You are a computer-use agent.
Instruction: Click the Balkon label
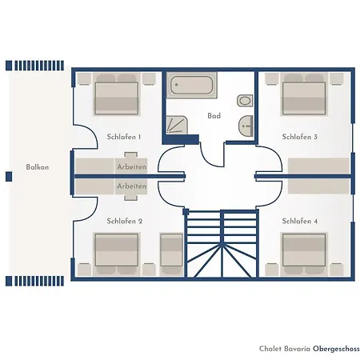[x=38, y=167]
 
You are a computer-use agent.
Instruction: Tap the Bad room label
[x=214, y=116]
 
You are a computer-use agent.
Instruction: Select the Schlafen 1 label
[x=124, y=137]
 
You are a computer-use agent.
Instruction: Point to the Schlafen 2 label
[x=125, y=221]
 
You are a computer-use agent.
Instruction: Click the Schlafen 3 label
[x=300, y=137]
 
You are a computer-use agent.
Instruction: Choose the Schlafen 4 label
[x=300, y=221]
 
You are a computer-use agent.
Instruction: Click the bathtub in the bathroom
[x=192, y=85]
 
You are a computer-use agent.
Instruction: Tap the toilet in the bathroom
[x=245, y=101]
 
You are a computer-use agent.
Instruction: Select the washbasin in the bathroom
[x=246, y=125]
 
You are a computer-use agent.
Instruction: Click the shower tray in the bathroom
[x=177, y=125]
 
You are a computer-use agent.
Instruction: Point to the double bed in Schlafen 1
[x=117, y=94]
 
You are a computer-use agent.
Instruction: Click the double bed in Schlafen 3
[x=304, y=94]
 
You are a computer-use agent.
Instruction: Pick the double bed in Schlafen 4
[x=304, y=254]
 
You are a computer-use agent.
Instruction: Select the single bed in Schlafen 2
[x=171, y=254]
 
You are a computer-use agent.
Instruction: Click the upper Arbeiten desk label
[x=132, y=167]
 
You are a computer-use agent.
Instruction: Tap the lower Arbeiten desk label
[x=132, y=186]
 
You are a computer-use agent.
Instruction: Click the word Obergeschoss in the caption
[x=336, y=349]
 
